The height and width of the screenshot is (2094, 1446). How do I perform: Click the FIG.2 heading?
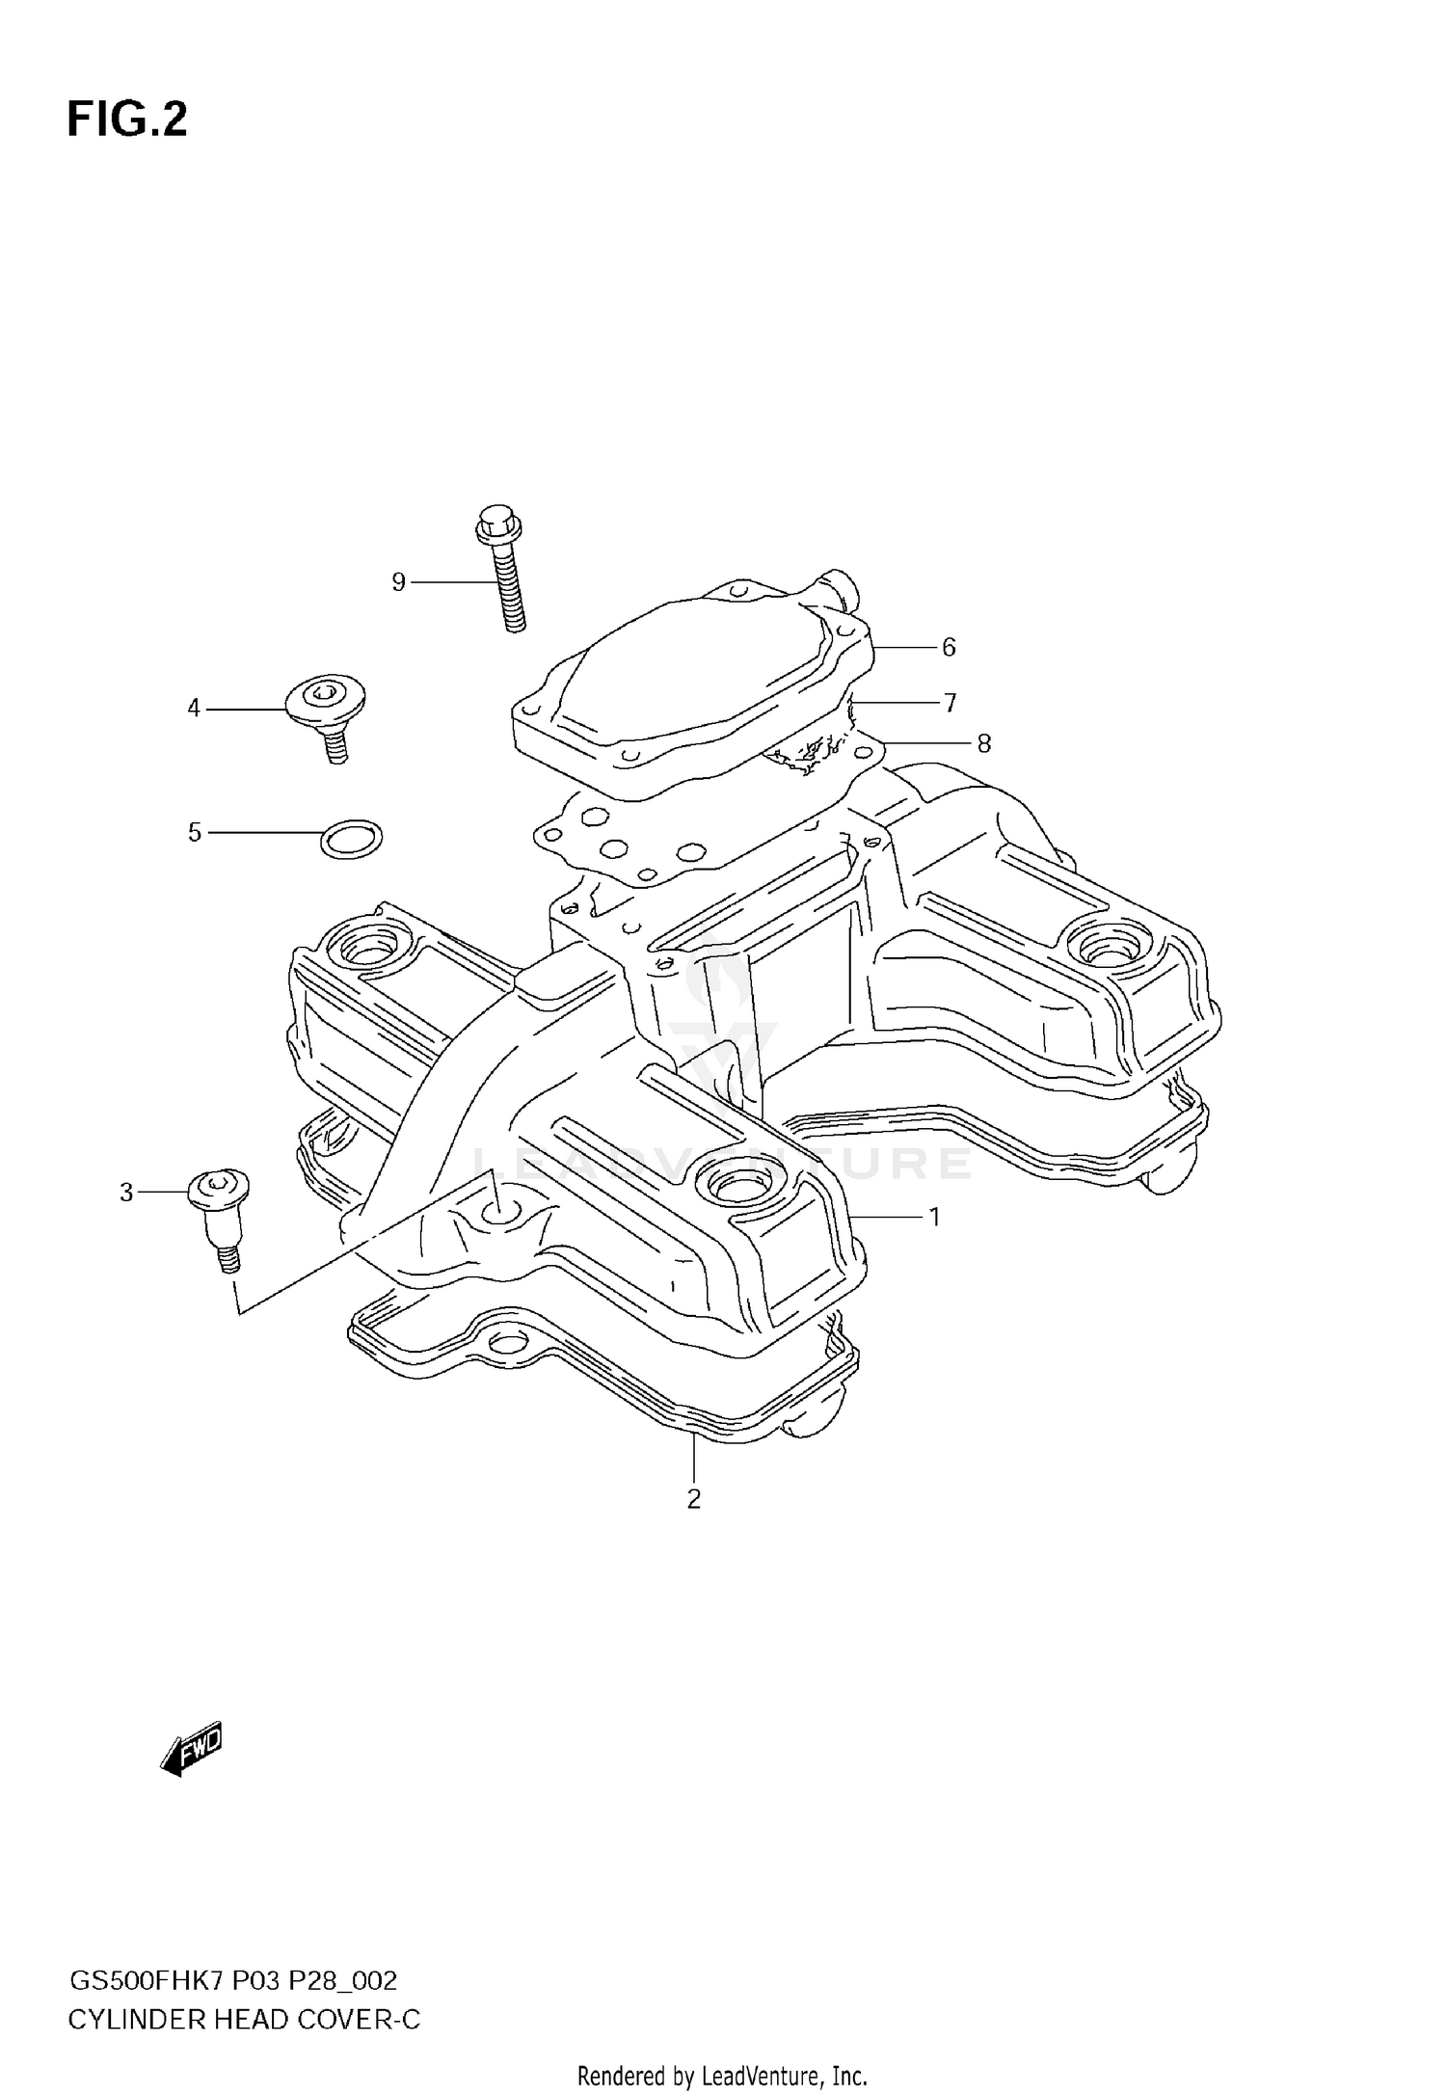coord(126,121)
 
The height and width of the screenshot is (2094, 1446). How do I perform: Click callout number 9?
coord(398,582)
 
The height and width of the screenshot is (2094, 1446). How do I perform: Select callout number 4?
coord(194,709)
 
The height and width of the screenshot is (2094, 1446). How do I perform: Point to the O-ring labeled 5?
coord(351,840)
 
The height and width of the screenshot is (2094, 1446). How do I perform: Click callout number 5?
coord(194,832)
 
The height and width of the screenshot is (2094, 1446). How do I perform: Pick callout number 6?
coord(949,648)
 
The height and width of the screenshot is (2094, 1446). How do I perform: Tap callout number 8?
coord(983,743)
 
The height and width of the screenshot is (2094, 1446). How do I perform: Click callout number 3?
coord(126,1193)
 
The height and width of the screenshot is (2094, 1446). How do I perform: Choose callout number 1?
coord(933,1218)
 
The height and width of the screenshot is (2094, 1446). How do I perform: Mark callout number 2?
coord(693,1499)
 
